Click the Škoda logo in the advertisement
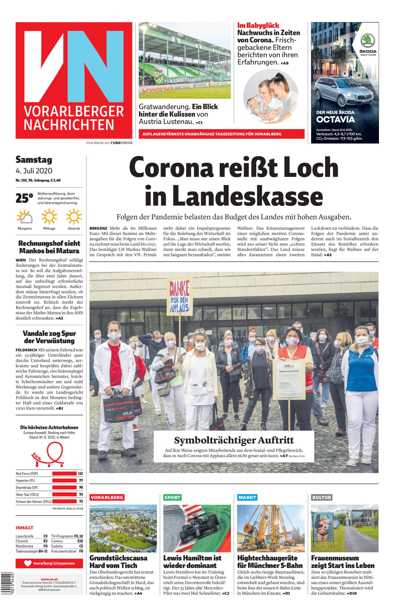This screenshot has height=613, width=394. pos(368,41)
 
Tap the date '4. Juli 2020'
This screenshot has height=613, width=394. pos(34,170)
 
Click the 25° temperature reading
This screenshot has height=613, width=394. pos(24,198)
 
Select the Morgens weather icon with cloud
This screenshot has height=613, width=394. pos(25,217)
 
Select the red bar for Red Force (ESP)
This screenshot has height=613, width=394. pos(65,473)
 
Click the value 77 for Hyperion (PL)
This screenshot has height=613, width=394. pos(80,481)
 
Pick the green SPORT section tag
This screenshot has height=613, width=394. pos(172,498)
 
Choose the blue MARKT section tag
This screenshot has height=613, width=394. pos(247,498)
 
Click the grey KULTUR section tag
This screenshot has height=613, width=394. pos(322,498)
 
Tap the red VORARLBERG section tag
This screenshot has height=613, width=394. pos(107,498)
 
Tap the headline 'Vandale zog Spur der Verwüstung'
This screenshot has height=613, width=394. pos(49,337)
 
